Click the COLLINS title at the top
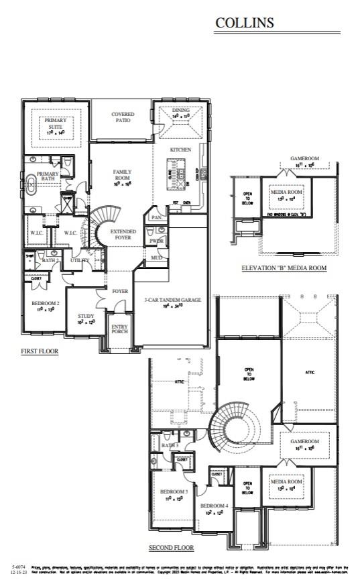click(244, 23)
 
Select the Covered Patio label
click(122, 117)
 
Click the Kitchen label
click(180, 150)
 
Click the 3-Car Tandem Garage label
click(173, 300)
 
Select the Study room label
click(85, 316)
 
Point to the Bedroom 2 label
click(46, 304)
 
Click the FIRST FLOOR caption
click(39, 351)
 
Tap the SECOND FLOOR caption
click(171, 548)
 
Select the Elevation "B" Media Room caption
click(284, 268)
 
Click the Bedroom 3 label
click(174, 491)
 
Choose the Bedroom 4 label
click(214, 505)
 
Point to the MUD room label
click(156, 257)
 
